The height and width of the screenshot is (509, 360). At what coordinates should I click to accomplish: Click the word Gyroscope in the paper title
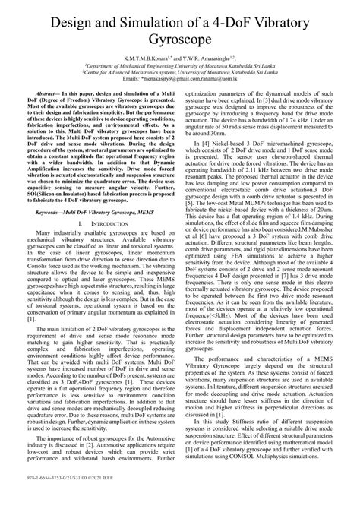(x=180, y=36)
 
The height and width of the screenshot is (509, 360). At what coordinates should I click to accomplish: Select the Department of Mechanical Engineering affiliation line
(x=179, y=65)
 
